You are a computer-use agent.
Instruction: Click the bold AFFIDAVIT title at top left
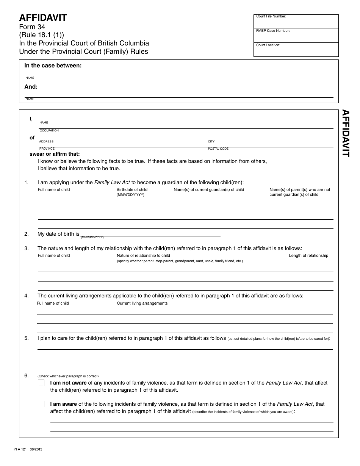43,18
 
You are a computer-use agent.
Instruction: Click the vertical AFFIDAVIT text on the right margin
346,133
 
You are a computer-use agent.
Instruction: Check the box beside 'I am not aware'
41,383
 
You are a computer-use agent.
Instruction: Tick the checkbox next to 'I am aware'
41,404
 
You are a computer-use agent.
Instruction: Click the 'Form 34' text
32,27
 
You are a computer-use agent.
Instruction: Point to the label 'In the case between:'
53,66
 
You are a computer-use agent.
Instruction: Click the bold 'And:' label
31,87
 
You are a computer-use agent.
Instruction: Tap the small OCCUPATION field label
49,131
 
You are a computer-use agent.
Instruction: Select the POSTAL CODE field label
218,149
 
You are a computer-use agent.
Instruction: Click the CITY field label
211,142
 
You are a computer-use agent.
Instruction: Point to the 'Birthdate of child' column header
132,190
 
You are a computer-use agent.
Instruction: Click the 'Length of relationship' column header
308,256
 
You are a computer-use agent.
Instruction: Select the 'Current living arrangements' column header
142,303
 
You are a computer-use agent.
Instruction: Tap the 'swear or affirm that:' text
55,154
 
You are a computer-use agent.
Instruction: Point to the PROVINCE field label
47,149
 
